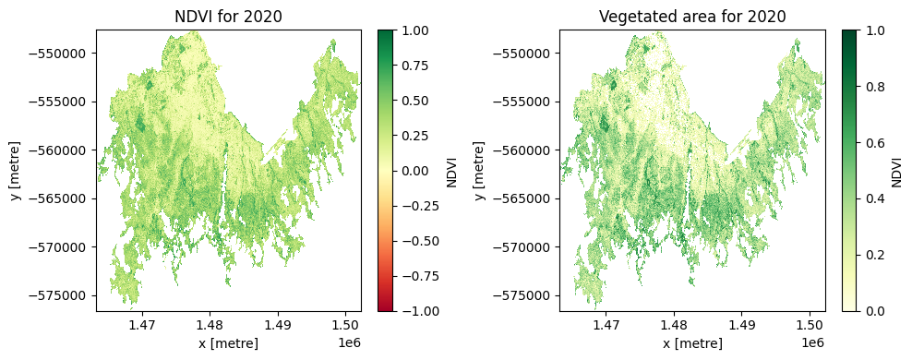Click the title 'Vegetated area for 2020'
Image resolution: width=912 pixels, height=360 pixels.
coord(692,16)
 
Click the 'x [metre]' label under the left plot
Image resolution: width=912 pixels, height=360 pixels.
coord(228,343)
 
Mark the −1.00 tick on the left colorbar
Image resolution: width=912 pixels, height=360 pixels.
coord(417,311)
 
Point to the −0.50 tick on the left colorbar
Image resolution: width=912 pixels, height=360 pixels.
coord(417,241)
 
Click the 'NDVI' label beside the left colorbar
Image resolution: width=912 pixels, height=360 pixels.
coord(451,171)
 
